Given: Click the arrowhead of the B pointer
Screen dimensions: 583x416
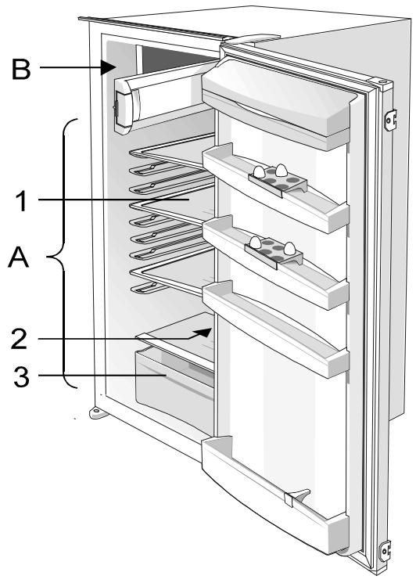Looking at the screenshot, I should tap(109, 67).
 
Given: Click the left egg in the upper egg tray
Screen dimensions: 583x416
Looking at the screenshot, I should tap(258, 171).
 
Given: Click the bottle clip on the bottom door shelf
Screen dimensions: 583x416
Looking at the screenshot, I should tap(297, 497).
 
